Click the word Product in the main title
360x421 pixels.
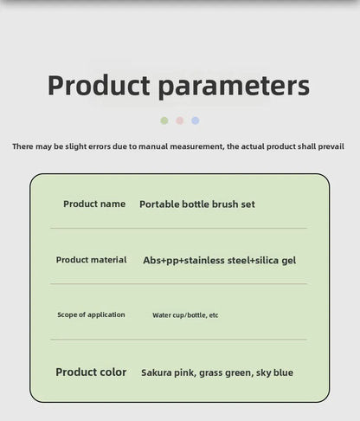click(x=99, y=85)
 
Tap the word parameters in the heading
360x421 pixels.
click(x=234, y=87)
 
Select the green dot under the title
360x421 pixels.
click(x=164, y=120)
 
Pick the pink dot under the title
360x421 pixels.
click(x=180, y=120)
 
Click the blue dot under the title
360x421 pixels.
click(x=196, y=120)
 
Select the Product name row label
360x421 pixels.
click(x=94, y=204)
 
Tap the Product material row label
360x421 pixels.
click(x=91, y=260)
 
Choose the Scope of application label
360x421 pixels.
click(x=91, y=314)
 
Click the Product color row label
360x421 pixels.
click(x=91, y=372)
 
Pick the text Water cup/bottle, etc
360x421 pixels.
click(x=185, y=315)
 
